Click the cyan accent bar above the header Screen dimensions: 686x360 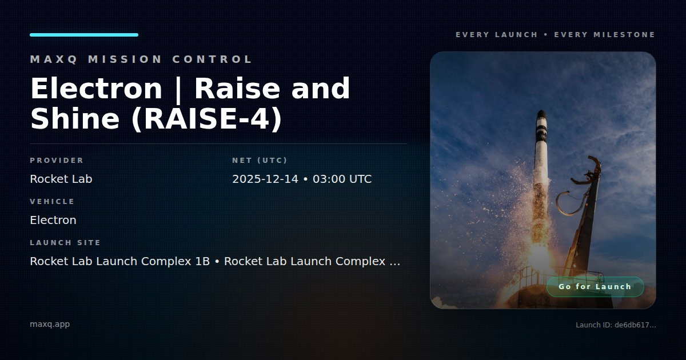point(84,35)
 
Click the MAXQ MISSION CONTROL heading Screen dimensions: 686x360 point(141,59)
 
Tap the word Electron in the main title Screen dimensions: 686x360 point(96,89)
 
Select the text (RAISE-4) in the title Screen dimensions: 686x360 point(207,119)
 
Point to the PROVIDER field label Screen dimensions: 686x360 point(57,161)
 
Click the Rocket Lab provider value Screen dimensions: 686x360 point(61,179)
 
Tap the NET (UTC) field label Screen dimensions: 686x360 point(260,161)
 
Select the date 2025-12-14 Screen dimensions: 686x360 point(265,179)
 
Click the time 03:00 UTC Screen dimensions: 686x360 point(342,179)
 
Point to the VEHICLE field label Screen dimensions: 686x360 point(52,201)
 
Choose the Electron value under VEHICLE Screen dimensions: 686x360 point(53,220)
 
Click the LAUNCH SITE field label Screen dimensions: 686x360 point(65,242)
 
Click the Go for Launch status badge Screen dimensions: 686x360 point(595,287)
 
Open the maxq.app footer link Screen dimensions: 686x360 point(50,324)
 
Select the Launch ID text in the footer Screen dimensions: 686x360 point(616,325)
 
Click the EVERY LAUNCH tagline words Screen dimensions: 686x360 point(496,35)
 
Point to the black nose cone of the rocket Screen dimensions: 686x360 point(541,114)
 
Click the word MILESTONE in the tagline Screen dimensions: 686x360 point(624,35)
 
